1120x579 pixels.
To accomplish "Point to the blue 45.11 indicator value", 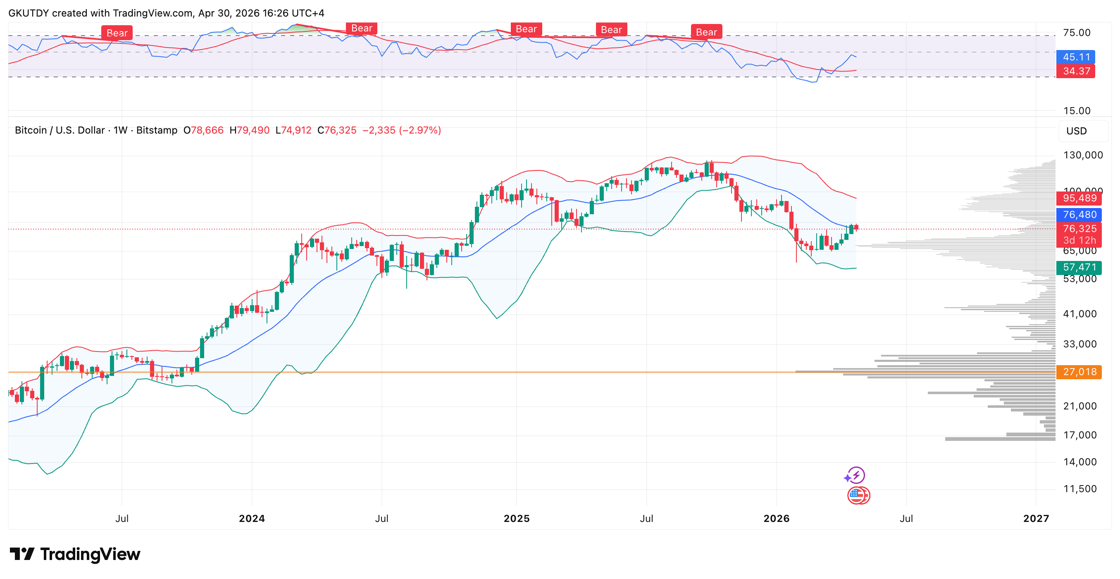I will (1076, 57).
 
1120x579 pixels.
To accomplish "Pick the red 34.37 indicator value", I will (1076, 71).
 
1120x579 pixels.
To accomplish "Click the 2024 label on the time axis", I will (252, 519).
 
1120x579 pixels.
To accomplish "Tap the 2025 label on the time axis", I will (517, 519).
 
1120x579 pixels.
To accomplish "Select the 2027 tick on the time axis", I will (1036, 519).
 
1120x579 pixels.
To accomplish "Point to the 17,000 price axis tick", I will (1079, 435).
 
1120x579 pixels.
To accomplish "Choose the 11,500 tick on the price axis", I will (1079, 489).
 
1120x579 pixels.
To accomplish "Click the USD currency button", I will (1077, 131).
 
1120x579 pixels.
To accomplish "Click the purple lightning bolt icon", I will (855, 476).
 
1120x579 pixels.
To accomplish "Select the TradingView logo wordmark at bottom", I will (75, 554).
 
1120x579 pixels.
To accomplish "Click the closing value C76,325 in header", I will (337, 131).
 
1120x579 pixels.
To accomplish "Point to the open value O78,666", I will (203, 131).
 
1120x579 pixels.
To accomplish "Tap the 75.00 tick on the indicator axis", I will (1077, 33).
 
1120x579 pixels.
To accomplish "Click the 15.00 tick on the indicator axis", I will (1077, 111).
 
